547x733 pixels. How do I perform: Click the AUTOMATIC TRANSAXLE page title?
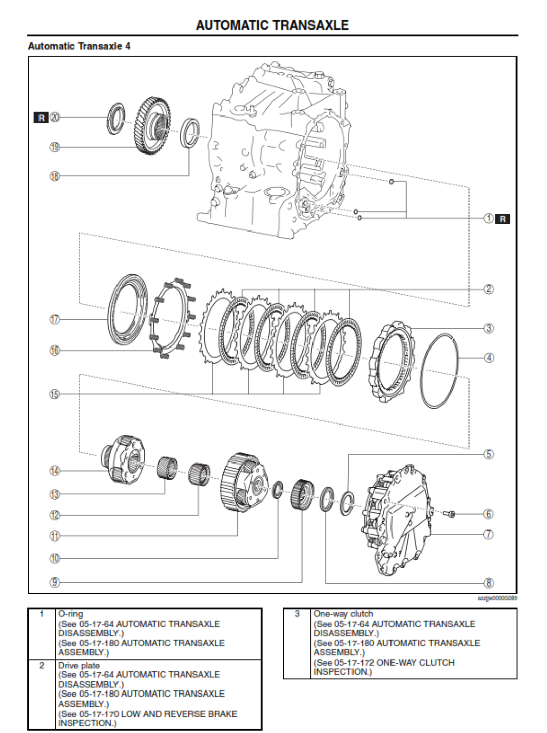pyautogui.click(x=272, y=25)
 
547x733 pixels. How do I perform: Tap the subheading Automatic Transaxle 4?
pyautogui.click(x=79, y=46)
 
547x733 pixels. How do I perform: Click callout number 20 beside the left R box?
pyautogui.click(x=55, y=118)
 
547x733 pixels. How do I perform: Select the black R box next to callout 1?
pyautogui.click(x=502, y=219)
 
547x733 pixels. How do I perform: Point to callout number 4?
pyautogui.click(x=489, y=358)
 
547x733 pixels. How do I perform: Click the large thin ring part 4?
pyautogui.click(x=440, y=371)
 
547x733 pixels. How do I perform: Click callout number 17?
pyautogui.click(x=55, y=319)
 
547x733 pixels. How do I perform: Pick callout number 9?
pyautogui.click(x=55, y=583)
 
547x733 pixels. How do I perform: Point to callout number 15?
pyautogui.click(x=55, y=394)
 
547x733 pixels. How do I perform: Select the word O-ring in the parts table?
pyautogui.click(x=70, y=614)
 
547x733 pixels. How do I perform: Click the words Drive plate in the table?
pyautogui.click(x=79, y=665)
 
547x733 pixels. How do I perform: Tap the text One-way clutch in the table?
pyautogui.click(x=343, y=614)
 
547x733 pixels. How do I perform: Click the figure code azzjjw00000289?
pyautogui.click(x=497, y=598)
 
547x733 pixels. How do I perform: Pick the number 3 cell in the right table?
pyautogui.click(x=297, y=614)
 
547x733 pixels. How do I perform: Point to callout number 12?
pyautogui.click(x=55, y=515)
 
